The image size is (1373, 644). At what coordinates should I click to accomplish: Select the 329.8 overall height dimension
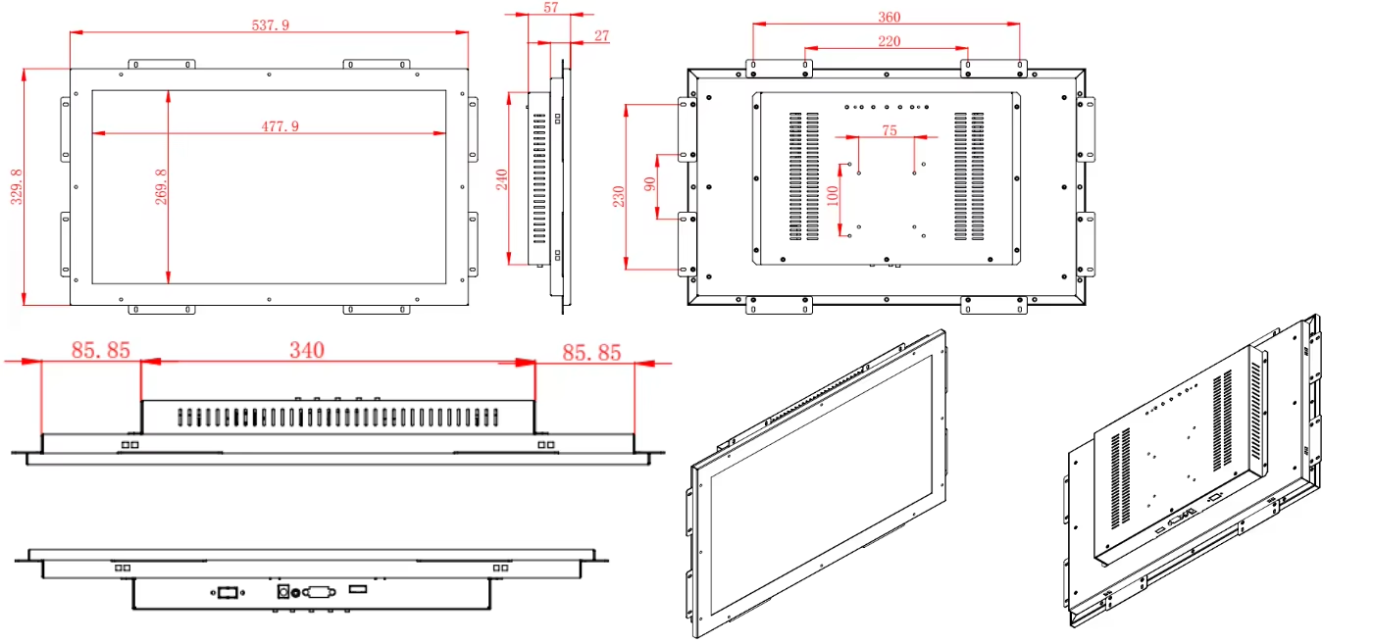coord(16,186)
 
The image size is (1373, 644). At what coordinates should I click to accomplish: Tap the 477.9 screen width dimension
coord(280,126)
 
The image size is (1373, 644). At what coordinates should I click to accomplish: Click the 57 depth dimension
coord(550,8)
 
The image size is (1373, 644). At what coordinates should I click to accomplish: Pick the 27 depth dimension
coord(601,36)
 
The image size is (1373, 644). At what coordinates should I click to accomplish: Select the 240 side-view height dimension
coord(501,179)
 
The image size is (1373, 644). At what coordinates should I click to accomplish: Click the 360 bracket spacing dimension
coord(889,18)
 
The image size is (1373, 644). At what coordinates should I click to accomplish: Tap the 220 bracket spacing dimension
coord(889,41)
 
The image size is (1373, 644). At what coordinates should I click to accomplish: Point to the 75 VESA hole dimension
coord(889,130)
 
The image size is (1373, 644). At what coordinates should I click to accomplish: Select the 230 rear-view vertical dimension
coord(618,195)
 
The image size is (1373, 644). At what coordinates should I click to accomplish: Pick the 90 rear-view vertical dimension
coord(650,183)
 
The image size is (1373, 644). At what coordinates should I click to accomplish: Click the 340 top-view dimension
coord(306,350)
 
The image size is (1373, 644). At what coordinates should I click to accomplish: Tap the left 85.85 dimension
coord(100,350)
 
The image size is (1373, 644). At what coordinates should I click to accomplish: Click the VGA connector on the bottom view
coord(319,591)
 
